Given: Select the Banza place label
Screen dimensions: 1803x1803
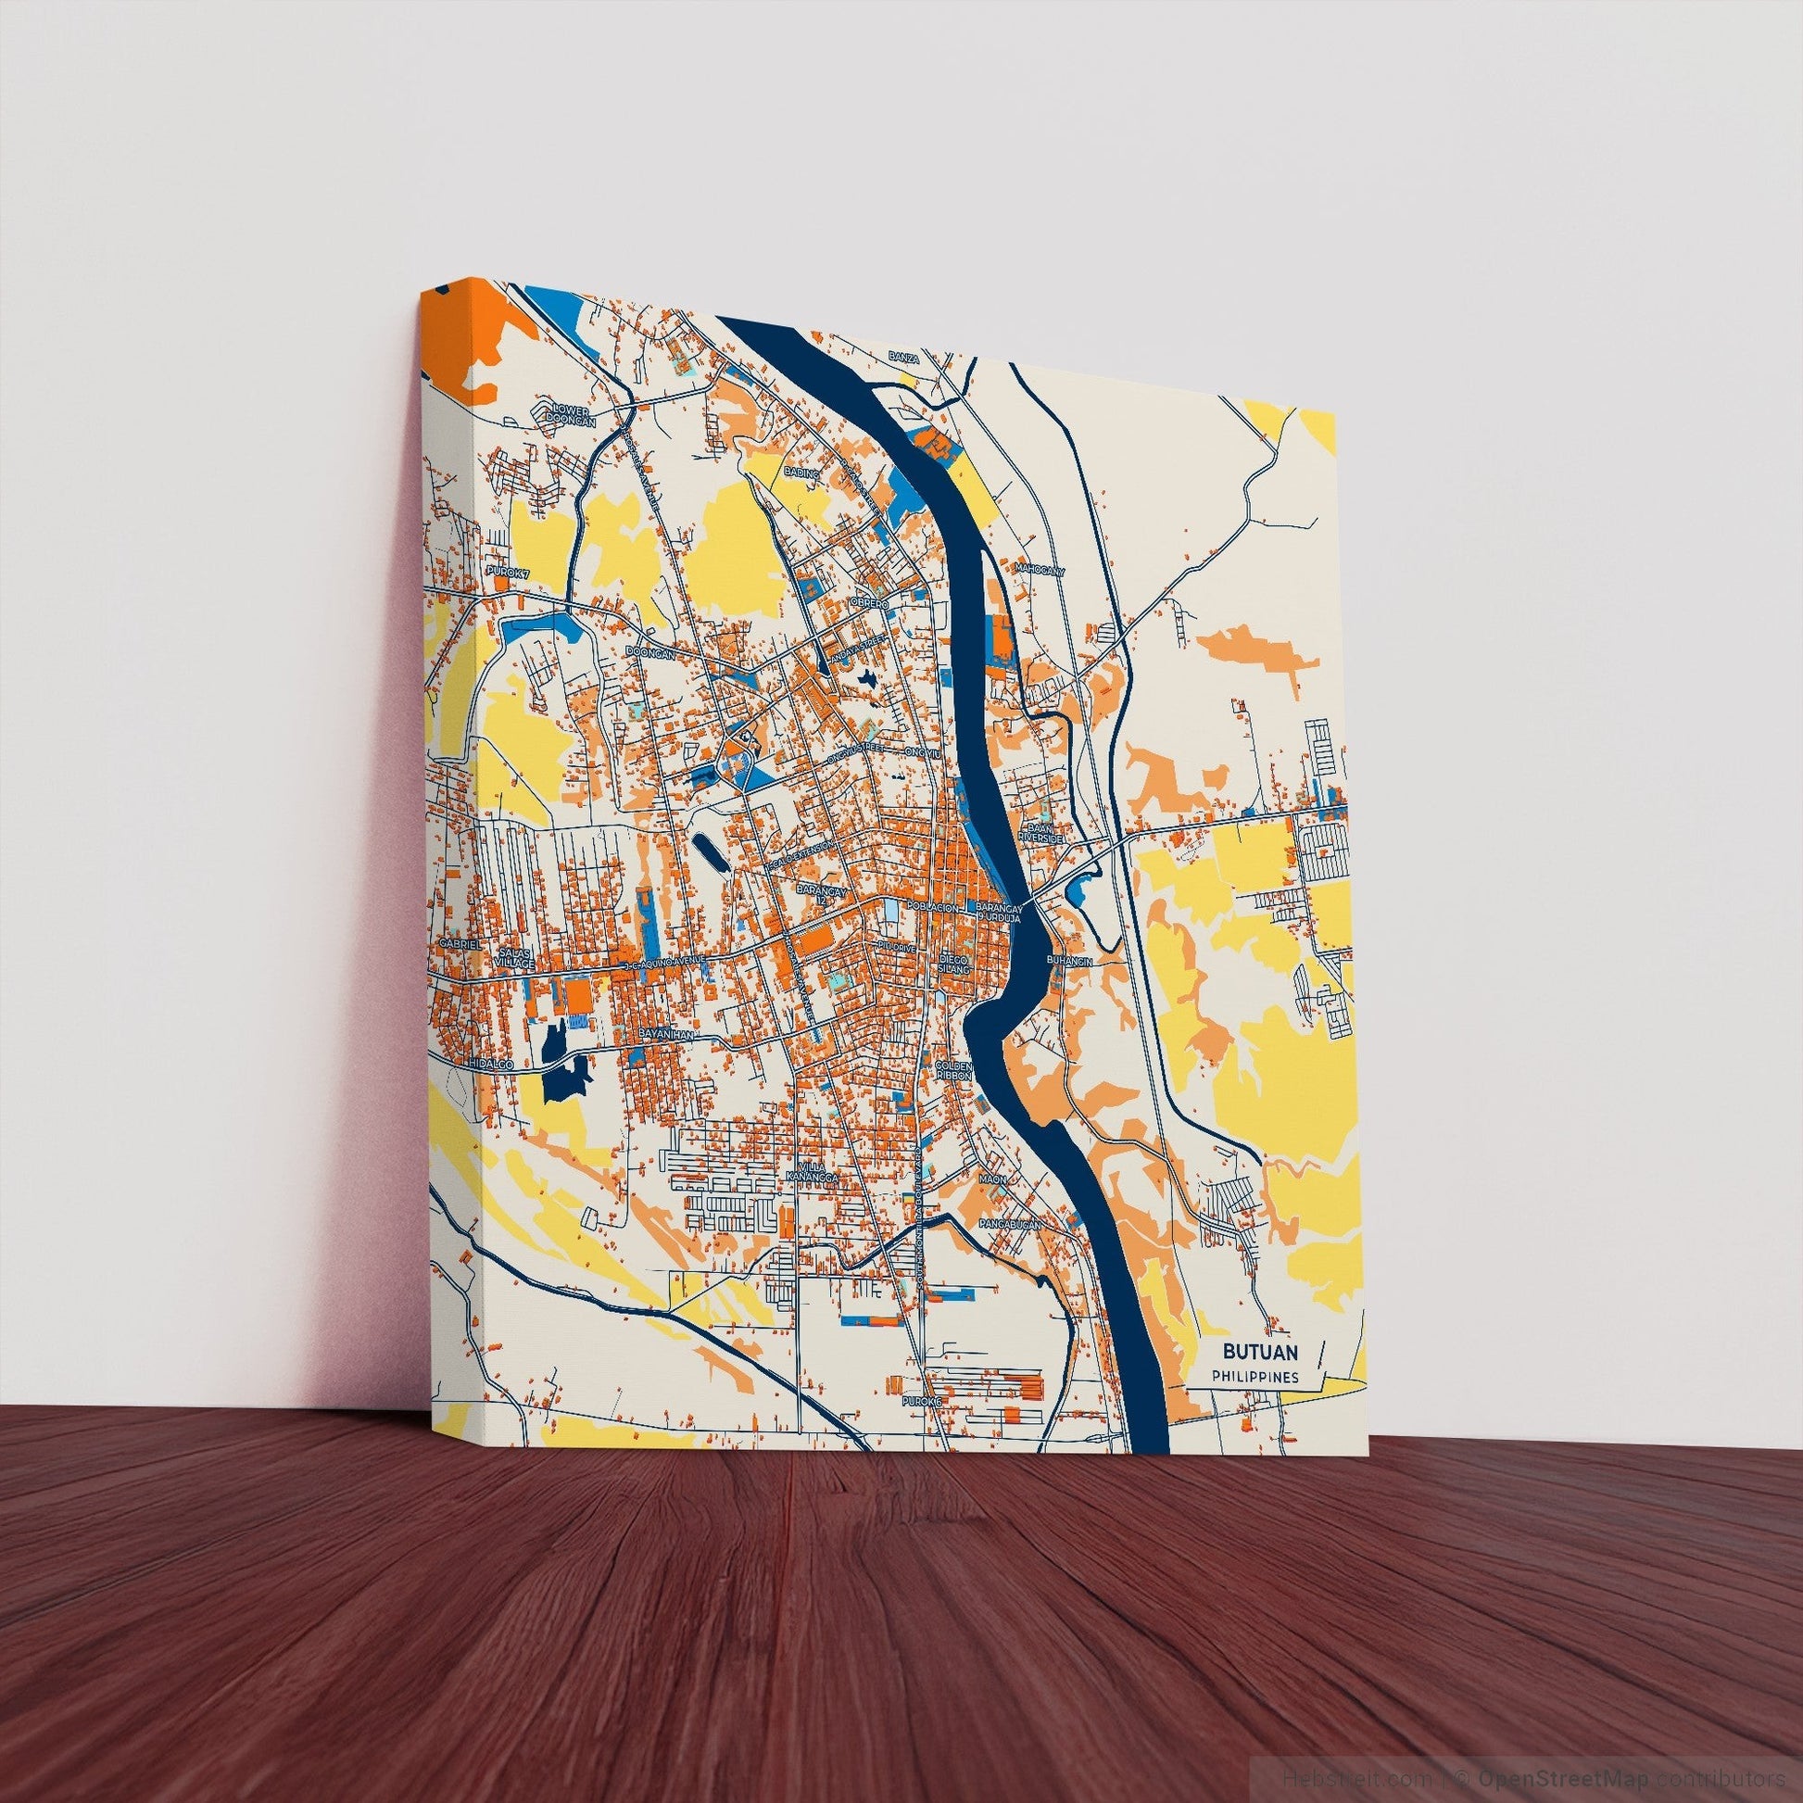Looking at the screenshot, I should click(x=904, y=358).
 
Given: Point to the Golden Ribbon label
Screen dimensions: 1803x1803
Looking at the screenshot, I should click(x=954, y=1070).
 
